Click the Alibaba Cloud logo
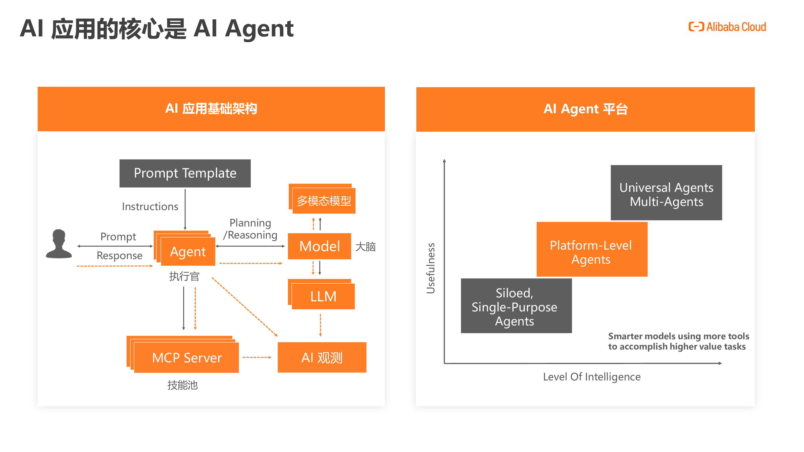coord(727,27)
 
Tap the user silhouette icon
coord(59,244)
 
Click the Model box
coord(319,246)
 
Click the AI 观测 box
coord(322,358)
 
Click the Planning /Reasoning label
coord(250,229)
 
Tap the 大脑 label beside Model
coord(366,247)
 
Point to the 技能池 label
coord(183,385)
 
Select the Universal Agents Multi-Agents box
coord(666,193)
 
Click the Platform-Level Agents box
coord(592,249)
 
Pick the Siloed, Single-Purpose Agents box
coord(516,306)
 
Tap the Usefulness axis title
coord(431,268)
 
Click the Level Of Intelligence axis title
coord(592,377)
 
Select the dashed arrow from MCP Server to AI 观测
coord(257,357)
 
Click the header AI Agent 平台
coord(585,109)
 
